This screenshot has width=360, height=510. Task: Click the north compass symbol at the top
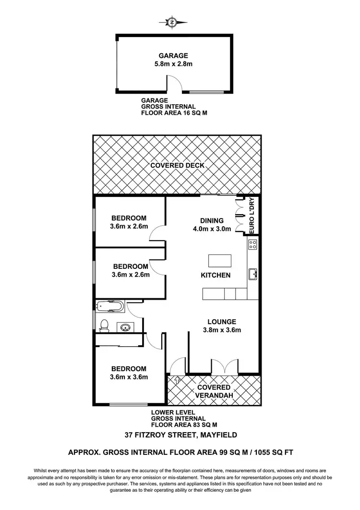click(172, 22)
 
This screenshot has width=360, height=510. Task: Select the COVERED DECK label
click(177, 165)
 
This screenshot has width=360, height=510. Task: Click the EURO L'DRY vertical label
click(254, 216)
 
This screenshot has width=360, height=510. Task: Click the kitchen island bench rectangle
click(220, 260)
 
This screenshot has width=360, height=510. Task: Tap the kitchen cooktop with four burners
click(253, 245)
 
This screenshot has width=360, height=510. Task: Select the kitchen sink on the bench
click(253, 274)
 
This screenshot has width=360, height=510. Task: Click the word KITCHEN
click(216, 276)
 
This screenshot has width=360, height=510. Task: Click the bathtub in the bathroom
click(110, 306)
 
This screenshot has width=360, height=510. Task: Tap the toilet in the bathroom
click(104, 326)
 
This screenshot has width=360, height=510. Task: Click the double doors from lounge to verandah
click(224, 367)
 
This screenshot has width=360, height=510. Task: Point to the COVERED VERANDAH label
click(214, 391)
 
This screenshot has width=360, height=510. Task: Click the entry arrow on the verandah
click(176, 381)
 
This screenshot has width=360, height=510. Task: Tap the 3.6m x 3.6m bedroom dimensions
click(130, 377)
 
